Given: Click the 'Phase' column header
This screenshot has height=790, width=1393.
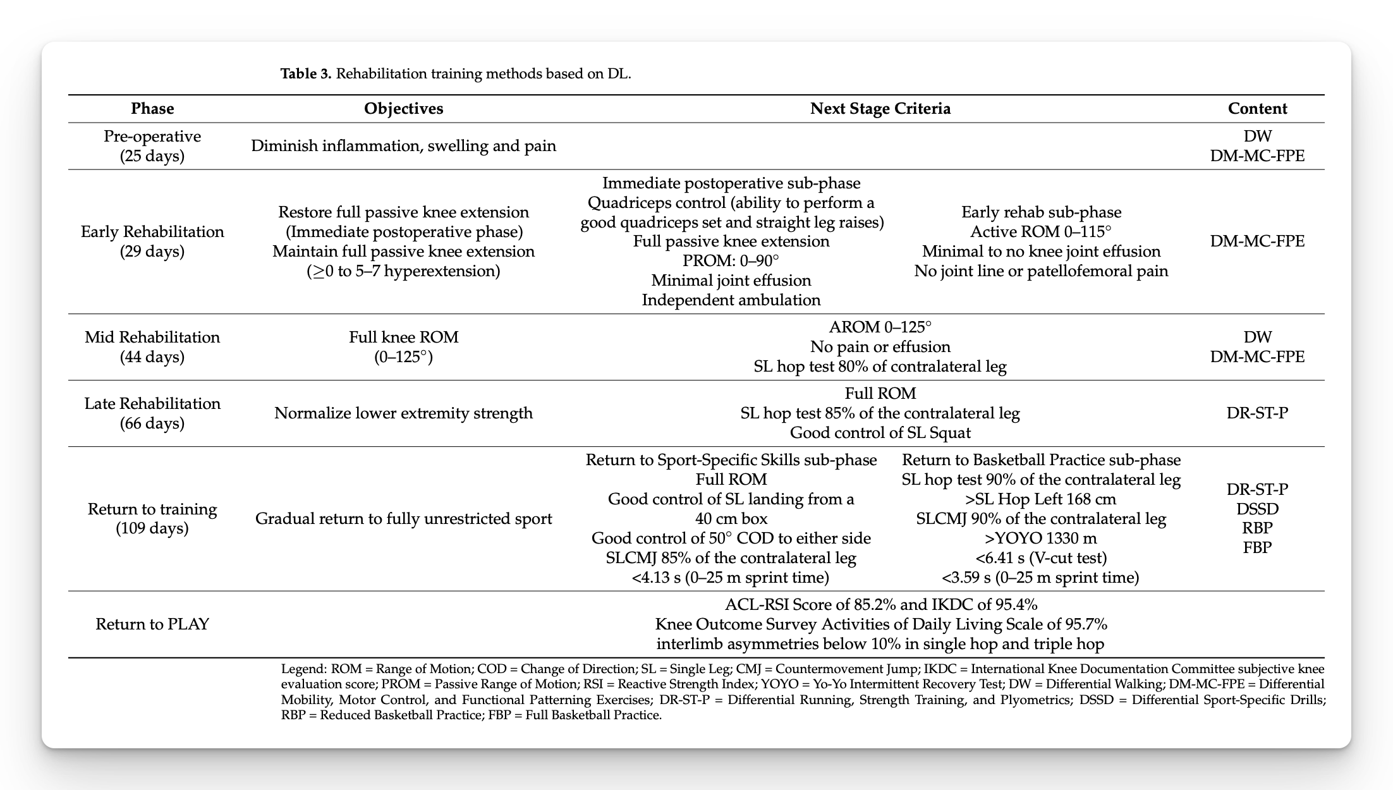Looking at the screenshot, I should coord(152,109).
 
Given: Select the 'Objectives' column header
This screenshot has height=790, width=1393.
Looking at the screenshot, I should coord(403,109).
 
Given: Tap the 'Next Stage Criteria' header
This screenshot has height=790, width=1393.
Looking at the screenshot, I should coord(880,109).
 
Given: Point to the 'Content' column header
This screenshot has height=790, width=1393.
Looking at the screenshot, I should coord(1257,109).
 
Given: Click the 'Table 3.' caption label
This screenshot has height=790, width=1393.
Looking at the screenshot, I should coord(306,74).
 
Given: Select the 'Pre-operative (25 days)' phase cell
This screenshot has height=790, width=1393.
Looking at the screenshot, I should coord(152,146).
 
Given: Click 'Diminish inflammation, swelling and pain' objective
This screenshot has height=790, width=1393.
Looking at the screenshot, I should coord(403,146).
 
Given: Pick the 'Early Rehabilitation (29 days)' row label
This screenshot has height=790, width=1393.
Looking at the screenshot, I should coord(152,241).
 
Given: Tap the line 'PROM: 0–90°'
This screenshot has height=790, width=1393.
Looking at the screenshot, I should coord(731,261).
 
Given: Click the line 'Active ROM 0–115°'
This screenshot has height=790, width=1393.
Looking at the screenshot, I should coord(1040,232).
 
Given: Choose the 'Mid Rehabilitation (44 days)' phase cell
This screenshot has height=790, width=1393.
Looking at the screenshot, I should coord(152,347).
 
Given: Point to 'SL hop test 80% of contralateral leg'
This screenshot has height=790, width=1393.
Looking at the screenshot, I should coord(880,367).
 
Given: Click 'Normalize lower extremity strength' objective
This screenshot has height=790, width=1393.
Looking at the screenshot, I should coord(403,413).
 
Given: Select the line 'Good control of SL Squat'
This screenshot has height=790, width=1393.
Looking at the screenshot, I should coord(880,433).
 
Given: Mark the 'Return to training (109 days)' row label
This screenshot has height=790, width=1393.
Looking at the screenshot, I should coord(152,518).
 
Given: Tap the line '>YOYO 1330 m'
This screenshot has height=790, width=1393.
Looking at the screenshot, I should coord(1040,538).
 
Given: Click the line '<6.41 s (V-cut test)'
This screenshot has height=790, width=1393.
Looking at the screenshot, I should coord(1040,558).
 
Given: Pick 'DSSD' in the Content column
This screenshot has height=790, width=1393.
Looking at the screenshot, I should coord(1257,509).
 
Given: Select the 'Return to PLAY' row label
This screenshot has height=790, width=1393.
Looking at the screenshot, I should coord(152,624).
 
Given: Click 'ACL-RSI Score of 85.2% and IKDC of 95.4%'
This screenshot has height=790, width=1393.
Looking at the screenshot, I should coord(880,605).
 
